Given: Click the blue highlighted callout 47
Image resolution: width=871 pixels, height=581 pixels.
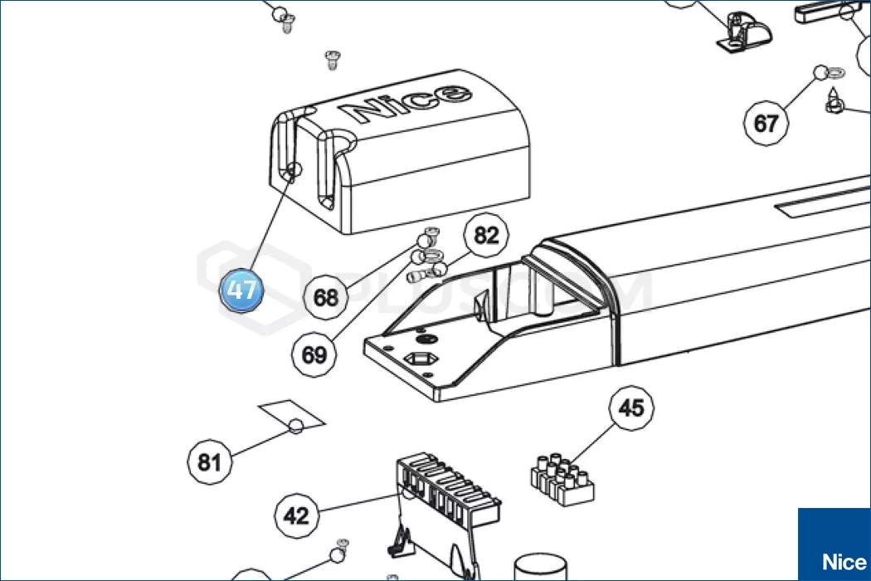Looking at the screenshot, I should pos(241,291).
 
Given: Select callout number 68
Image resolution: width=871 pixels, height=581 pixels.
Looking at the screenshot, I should pos(326,296).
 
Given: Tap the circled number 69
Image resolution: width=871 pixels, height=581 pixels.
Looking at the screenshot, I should pos(314,354).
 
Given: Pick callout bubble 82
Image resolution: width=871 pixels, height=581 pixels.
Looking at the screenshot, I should pos(486,236).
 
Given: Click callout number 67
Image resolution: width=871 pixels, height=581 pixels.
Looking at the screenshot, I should pos(765,124).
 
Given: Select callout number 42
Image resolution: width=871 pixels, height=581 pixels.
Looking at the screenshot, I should pos(296,515).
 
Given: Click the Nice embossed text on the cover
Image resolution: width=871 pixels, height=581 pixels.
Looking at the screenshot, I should pos(406,103).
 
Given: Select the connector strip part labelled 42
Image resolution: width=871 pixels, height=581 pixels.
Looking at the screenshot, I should pos(448,498).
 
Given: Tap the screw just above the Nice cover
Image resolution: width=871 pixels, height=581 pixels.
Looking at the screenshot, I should pos(331,59).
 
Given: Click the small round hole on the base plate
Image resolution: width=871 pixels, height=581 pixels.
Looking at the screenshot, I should pos(428,339).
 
